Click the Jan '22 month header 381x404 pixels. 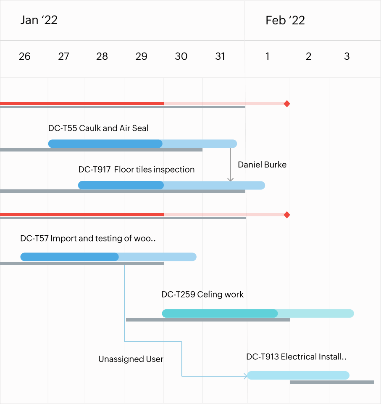(x=39, y=20)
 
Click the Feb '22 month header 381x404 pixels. (x=285, y=20)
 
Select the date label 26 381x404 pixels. (x=25, y=56)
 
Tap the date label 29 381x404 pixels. (x=141, y=56)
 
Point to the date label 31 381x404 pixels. (x=220, y=56)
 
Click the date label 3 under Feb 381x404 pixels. (x=347, y=56)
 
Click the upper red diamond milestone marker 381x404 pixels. (x=287, y=104)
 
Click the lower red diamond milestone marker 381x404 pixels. (x=287, y=215)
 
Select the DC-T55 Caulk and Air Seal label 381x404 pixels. (x=98, y=128)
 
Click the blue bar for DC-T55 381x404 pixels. (x=142, y=144)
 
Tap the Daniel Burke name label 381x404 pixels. (x=262, y=165)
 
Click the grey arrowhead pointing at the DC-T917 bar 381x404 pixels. (x=230, y=180)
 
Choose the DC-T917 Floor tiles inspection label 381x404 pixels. (x=137, y=170)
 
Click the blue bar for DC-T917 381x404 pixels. (x=171, y=186)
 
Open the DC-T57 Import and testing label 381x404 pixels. (x=88, y=239)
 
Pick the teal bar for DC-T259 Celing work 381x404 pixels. (x=258, y=314)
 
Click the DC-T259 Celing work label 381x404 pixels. (x=202, y=295)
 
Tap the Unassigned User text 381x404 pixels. (x=131, y=359)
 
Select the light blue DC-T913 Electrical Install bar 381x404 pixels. (x=298, y=375)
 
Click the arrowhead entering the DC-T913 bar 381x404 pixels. (x=245, y=376)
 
